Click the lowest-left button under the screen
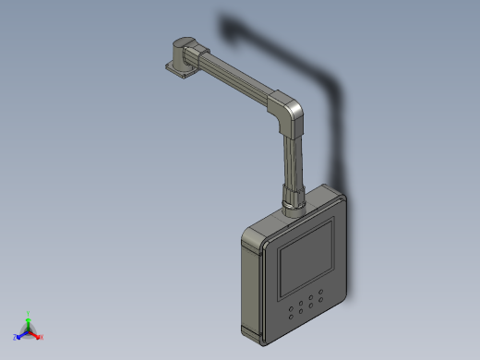293,317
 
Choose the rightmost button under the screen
321,294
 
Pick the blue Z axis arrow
21,335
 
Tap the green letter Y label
29,312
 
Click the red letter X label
42,337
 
